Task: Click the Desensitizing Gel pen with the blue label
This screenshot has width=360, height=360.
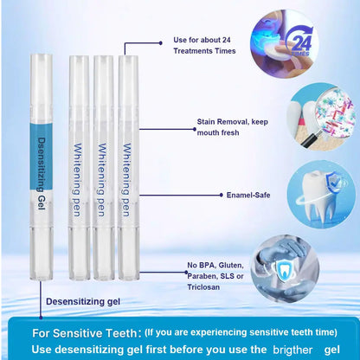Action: pos(42,156)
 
